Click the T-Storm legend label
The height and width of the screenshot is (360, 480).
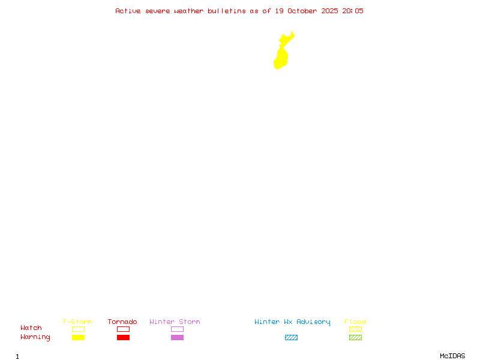click(77, 322)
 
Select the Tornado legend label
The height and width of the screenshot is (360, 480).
click(122, 322)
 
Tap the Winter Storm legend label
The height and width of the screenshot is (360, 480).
click(175, 322)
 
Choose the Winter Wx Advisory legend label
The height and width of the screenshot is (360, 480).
click(292, 322)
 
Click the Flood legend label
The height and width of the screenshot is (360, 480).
click(355, 322)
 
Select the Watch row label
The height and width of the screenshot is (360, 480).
click(31, 328)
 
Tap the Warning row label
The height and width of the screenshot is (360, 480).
click(35, 337)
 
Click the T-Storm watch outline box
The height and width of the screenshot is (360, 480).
click(78, 329)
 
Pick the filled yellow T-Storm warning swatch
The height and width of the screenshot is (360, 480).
click(78, 337)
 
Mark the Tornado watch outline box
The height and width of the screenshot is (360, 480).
click(123, 329)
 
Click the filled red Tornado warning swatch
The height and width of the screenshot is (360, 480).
click(123, 337)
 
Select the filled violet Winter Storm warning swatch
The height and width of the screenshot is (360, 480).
click(177, 337)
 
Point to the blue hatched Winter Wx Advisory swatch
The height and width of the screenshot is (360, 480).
click(291, 337)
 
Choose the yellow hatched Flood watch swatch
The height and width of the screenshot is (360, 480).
click(355, 329)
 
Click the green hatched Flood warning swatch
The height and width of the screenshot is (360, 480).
click(355, 337)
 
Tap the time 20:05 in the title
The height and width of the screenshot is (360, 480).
click(353, 11)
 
